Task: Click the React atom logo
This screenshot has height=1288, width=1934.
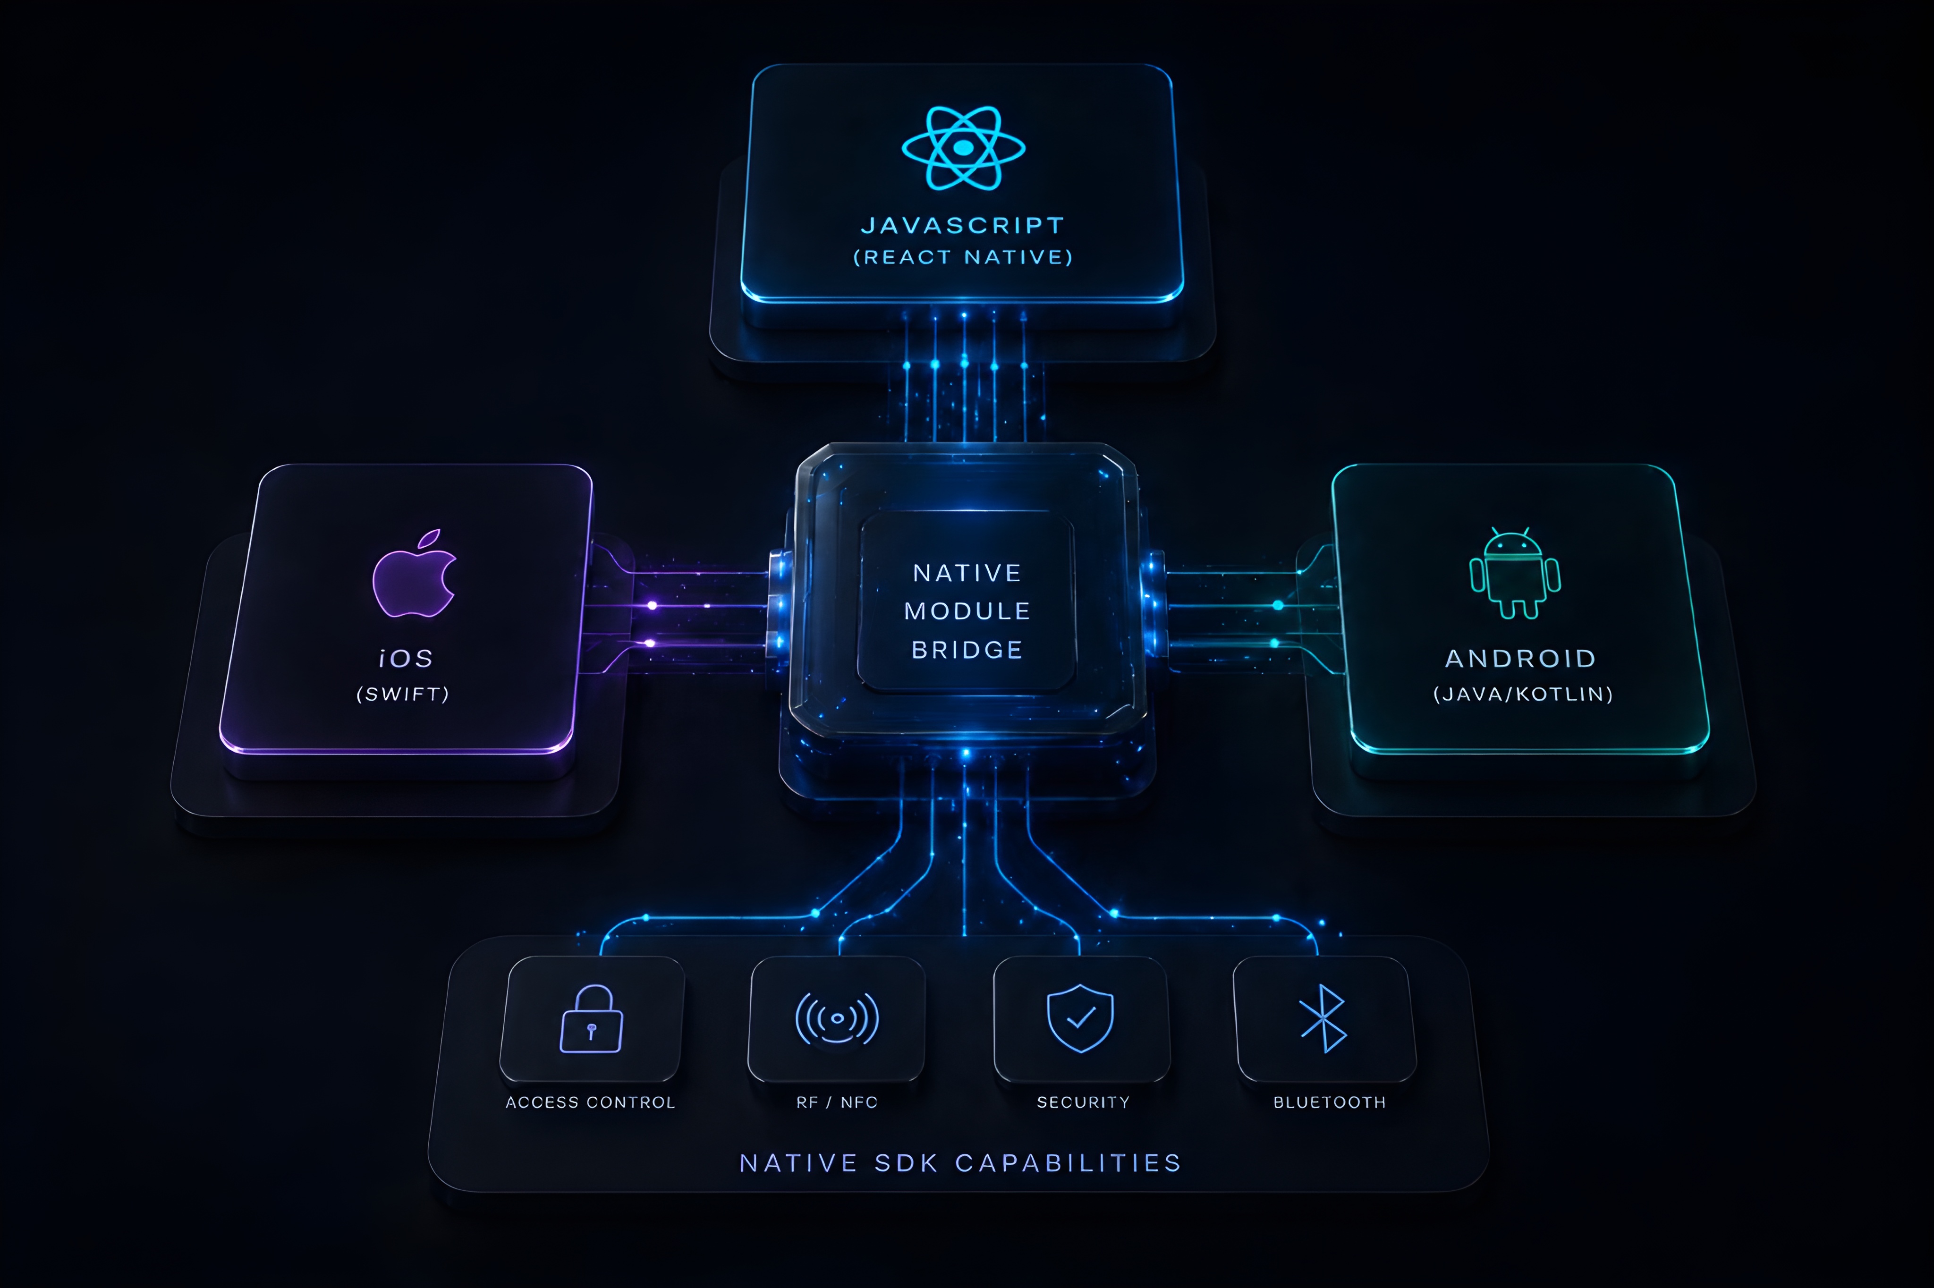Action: (963, 148)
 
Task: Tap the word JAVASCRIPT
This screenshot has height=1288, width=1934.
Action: (963, 225)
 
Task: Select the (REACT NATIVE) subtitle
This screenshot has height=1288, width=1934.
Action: (963, 257)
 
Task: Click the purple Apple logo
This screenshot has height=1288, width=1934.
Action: (414, 573)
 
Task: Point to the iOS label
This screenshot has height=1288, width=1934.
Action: (406, 658)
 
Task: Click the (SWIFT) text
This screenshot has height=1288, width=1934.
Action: (402, 694)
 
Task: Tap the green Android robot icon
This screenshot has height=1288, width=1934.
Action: (1514, 573)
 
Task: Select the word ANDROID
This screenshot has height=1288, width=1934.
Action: (1521, 658)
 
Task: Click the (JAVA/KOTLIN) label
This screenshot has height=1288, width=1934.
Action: (1523, 694)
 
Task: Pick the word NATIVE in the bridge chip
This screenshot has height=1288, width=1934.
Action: (967, 573)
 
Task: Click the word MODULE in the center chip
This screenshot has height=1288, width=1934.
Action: (967, 611)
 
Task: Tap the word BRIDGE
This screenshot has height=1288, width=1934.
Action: (967, 650)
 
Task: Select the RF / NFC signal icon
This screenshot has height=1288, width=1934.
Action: (837, 1018)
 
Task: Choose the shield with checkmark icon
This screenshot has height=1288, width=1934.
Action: (1080, 1018)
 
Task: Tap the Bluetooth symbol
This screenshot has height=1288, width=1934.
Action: (1323, 1018)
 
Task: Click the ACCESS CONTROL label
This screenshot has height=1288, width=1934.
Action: (591, 1102)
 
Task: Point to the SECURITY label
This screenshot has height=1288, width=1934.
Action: (1083, 1102)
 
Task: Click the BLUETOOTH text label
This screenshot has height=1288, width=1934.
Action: (1330, 1102)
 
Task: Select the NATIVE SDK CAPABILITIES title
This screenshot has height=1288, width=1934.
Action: (961, 1163)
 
